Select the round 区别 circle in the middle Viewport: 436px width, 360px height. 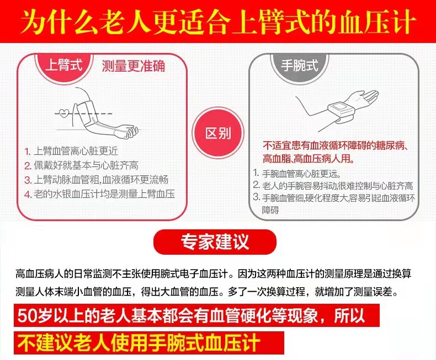pos(218,133)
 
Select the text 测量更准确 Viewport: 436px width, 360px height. pos(134,67)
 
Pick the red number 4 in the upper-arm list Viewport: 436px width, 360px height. pos(28,194)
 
